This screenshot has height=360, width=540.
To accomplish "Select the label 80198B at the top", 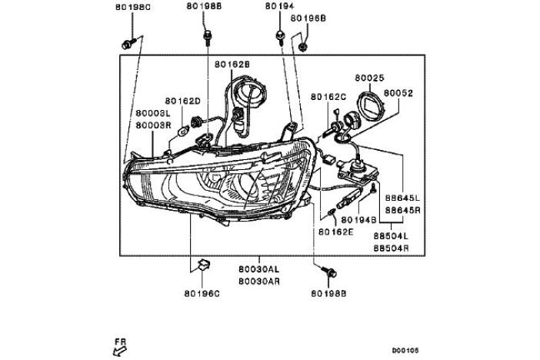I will click(x=203, y=6).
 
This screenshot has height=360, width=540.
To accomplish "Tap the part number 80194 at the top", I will click(x=280, y=6).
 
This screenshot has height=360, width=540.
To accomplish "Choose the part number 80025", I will click(x=370, y=78).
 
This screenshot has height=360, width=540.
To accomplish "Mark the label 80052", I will click(x=399, y=92).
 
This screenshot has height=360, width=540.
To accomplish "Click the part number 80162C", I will click(x=328, y=97).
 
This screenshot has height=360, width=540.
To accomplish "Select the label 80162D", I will click(x=182, y=101).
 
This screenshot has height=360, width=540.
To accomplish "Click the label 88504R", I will click(x=391, y=248).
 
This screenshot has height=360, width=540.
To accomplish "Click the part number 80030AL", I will click(x=258, y=271).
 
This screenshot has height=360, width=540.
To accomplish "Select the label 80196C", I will click(x=201, y=293).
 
